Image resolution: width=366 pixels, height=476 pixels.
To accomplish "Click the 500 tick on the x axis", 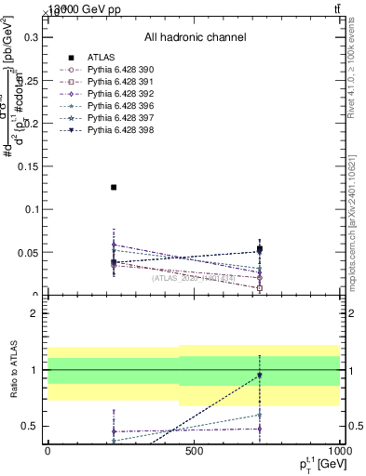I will (x=194, y=451).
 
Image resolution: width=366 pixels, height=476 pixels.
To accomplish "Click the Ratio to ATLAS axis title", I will (x=12, y=371).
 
